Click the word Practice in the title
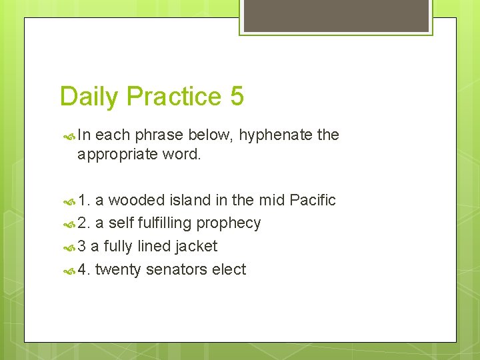(x=174, y=97)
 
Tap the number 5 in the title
(x=237, y=97)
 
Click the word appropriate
(x=116, y=155)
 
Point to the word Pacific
(x=313, y=200)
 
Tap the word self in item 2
(x=121, y=223)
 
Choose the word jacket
(x=196, y=246)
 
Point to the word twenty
(x=118, y=269)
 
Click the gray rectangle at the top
(x=336, y=15)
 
